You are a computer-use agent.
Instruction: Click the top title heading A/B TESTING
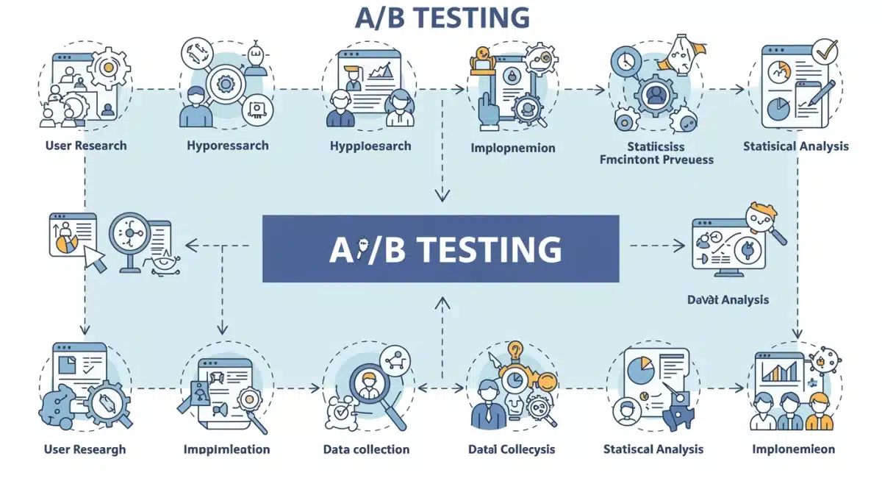click(x=441, y=18)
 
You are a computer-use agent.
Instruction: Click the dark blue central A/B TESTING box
click(x=441, y=249)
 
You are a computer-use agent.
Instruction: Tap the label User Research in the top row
click(x=85, y=146)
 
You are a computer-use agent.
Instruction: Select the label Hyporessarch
click(x=228, y=146)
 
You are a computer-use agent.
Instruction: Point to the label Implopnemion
click(x=512, y=148)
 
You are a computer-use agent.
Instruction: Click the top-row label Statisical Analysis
click(x=795, y=146)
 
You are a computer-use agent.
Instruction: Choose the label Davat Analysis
click(x=728, y=299)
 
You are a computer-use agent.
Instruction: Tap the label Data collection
click(x=366, y=449)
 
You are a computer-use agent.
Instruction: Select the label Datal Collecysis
click(x=512, y=449)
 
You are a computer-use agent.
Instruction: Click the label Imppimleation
click(x=226, y=449)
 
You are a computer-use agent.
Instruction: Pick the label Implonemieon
click(x=793, y=449)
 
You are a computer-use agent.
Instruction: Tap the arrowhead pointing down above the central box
click(x=441, y=195)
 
